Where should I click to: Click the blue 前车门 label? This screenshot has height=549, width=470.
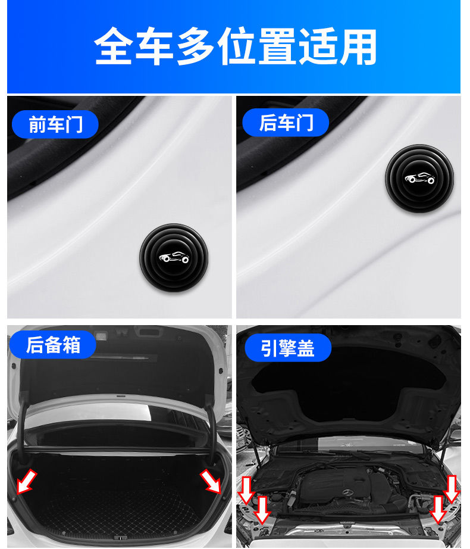pos(55,124)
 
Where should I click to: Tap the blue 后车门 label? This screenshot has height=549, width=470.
pos(286,123)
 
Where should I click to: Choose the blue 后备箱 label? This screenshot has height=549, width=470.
pos(53,345)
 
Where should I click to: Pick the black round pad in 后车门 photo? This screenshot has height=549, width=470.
pos(419,178)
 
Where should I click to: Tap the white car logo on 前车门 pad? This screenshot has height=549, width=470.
pos(173,258)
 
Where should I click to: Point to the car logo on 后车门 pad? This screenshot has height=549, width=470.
pos(419,178)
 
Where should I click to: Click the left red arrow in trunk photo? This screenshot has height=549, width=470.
pos(27,481)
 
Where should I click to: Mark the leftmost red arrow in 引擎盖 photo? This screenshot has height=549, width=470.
pos(246,489)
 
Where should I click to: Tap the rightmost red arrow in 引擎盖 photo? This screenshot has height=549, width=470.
pos(452,488)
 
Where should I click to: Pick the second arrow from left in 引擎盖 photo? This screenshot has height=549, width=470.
pos(262,509)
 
